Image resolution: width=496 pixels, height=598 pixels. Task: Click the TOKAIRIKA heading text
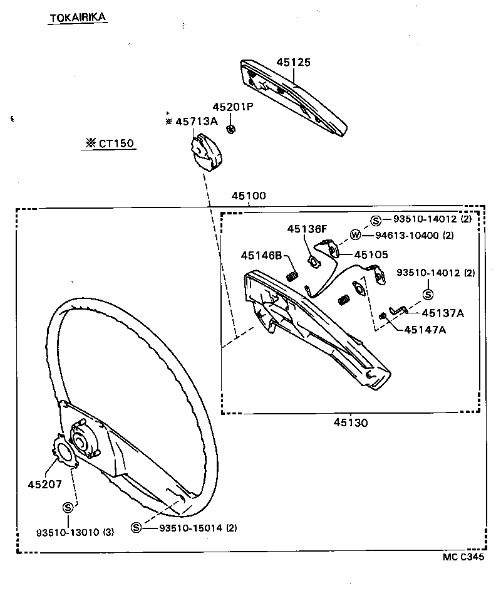78,18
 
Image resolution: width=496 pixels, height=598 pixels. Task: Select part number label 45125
294,62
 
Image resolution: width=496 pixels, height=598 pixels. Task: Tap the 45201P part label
232,107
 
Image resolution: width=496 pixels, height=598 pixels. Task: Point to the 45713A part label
196,122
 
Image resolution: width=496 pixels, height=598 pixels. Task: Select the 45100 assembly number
249,196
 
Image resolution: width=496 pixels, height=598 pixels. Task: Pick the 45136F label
307,229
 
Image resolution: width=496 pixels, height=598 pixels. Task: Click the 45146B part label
262,255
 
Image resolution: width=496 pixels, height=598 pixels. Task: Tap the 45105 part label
371,254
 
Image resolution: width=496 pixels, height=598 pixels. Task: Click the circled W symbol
355,235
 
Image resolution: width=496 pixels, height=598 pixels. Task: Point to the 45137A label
442,313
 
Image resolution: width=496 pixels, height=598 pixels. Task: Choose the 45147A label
425,330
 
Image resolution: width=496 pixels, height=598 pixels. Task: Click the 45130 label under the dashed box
350,422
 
